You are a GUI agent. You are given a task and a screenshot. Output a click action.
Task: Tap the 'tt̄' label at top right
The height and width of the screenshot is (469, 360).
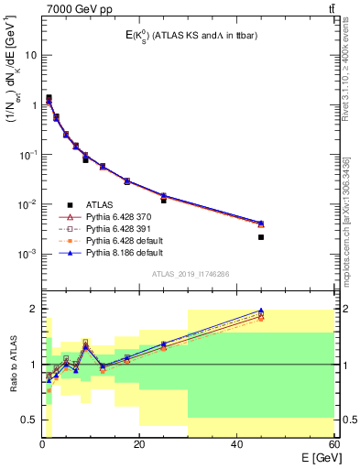(x=330, y=9)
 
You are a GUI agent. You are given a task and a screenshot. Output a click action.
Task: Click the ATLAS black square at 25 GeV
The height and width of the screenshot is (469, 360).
(x=164, y=200)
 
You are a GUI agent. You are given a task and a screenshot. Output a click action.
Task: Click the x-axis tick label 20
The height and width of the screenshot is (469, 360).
(x=139, y=444)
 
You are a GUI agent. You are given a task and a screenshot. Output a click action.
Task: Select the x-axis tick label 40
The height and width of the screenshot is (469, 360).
(x=236, y=444)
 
